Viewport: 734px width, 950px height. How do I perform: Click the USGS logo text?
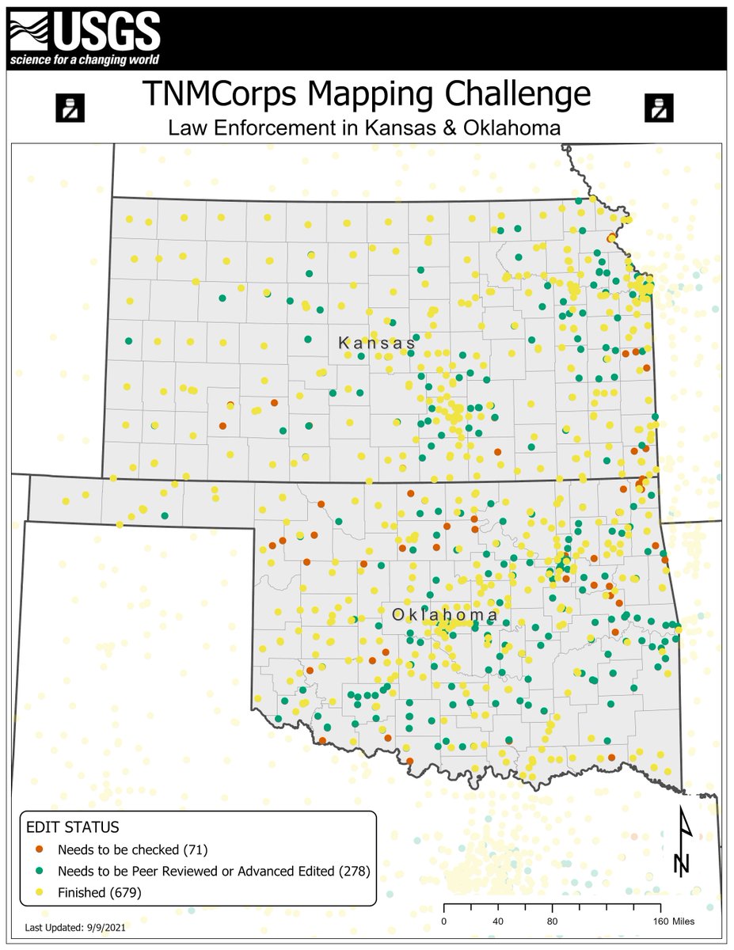click(107, 31)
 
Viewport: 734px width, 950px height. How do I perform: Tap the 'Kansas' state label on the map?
click(377, 344)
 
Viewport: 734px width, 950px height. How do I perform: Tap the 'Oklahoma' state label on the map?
click(446, 615)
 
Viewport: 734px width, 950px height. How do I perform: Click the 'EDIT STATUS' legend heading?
click(73, 827)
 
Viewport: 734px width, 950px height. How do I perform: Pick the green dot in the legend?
click(40, 872)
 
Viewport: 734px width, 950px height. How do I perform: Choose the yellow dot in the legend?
click(40, 892)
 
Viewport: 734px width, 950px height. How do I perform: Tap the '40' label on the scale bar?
click(498, 921)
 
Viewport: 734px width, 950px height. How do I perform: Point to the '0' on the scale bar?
click(443, 921)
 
